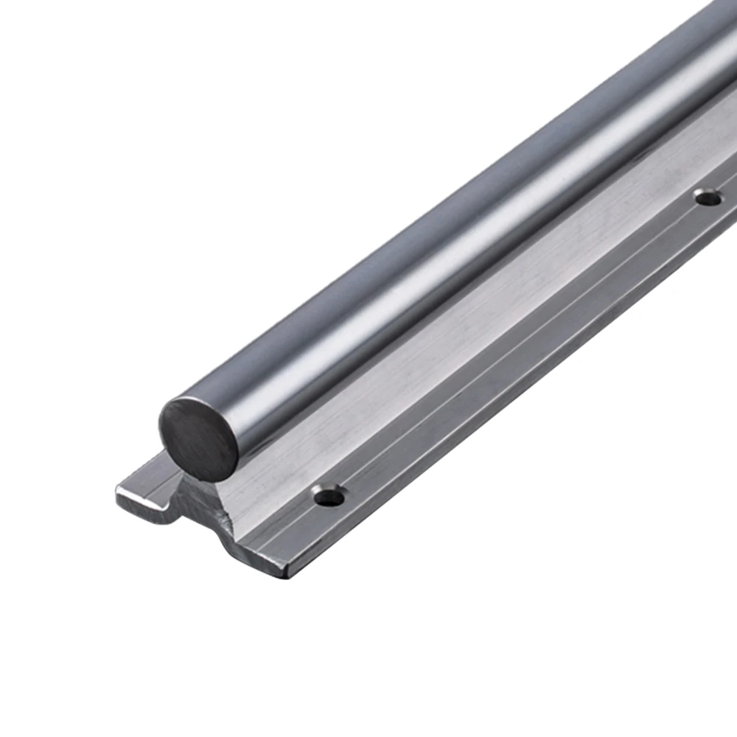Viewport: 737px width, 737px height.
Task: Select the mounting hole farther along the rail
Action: (x=708, y=197)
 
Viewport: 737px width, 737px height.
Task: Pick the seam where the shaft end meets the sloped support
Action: (x=236, y=472)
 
